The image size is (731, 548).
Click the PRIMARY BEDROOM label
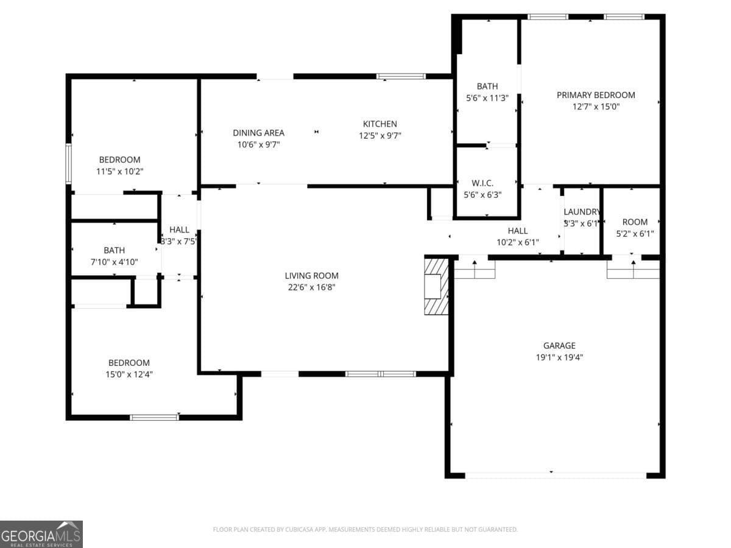596,95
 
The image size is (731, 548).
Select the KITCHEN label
380,124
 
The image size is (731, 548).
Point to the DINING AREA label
258,133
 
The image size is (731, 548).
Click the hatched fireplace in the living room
436,286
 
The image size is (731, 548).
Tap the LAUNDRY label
582,212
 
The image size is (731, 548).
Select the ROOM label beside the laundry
635,222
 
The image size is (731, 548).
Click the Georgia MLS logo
41,534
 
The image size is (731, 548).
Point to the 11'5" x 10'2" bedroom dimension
120,172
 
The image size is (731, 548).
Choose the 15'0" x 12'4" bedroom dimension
129,374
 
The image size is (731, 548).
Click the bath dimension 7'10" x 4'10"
114,262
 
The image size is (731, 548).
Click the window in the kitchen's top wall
401,77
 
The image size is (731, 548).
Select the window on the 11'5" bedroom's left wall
68,163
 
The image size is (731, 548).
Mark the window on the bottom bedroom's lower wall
155,417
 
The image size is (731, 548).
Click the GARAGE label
559,346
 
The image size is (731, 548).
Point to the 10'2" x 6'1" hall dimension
518,242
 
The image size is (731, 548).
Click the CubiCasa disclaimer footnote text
365,529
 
